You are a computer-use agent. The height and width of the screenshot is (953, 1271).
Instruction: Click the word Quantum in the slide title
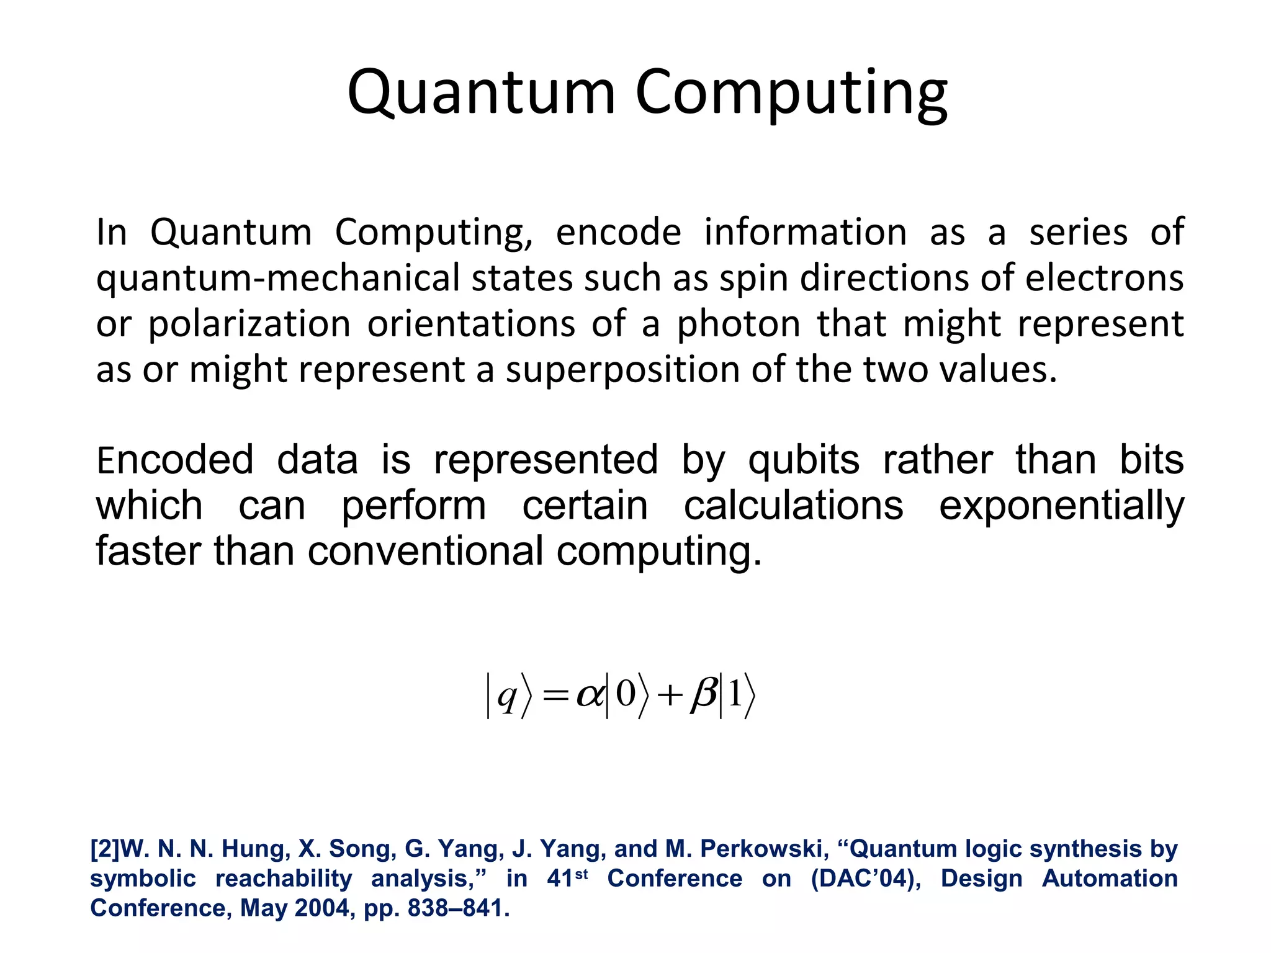click(481, 93)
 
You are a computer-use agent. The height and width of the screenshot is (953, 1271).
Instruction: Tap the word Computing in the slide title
click(791, 93)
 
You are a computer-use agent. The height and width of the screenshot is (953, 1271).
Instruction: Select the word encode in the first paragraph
click(618, 233)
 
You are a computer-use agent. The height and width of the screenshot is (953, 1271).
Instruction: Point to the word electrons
click(1105, 278)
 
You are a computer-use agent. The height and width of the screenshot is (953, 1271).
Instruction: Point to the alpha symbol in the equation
click(590, 695)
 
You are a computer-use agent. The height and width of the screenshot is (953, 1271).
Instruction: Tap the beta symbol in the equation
click(704, 695)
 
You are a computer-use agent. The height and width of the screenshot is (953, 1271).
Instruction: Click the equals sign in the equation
click(555, 696)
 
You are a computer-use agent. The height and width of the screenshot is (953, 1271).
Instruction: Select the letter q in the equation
click(507, 697)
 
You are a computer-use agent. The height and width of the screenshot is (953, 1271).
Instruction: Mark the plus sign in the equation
click(670, 696)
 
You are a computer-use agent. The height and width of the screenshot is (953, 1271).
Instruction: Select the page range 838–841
click(458, 908)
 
